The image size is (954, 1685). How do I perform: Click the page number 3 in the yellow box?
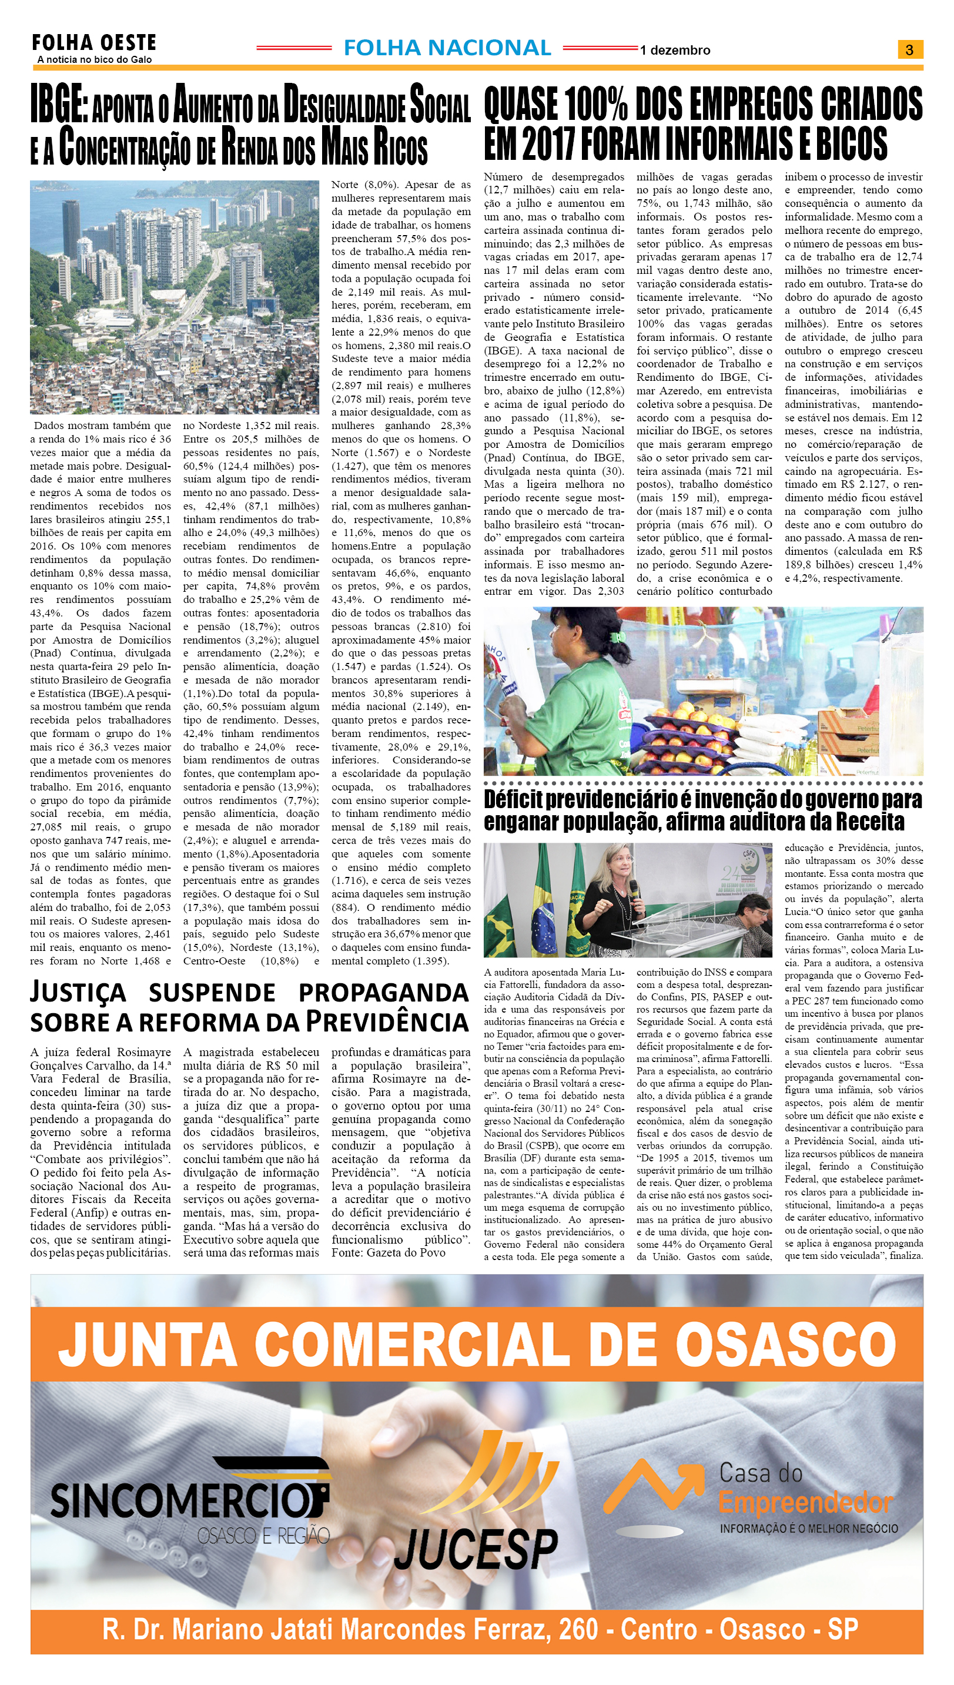point(909,49)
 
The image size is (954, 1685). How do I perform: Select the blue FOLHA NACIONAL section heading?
point(447,48)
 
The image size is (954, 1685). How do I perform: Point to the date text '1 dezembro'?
point(675,51)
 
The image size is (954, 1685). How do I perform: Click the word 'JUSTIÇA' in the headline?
point(78,993)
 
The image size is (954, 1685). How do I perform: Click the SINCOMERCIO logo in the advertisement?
point(190,1500)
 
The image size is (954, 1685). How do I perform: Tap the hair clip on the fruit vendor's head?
point(618,635)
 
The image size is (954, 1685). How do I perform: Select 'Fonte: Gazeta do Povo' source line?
point(388,1252)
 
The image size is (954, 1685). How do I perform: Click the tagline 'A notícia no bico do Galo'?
point(95,59)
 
